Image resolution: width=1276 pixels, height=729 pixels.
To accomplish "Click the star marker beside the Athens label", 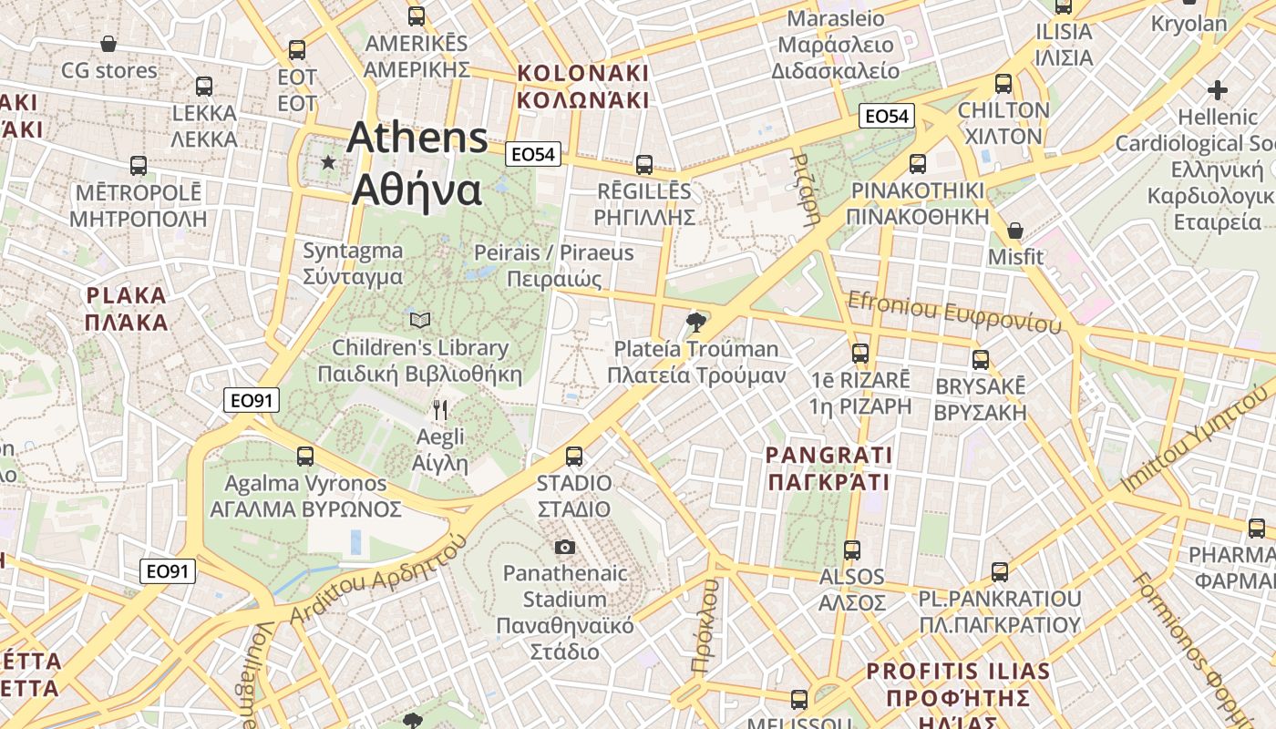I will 328,162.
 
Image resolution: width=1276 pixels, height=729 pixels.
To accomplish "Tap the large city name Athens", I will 417,139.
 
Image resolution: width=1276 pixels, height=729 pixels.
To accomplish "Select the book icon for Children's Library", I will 419,319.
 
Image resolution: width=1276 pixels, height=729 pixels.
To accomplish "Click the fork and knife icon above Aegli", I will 440,410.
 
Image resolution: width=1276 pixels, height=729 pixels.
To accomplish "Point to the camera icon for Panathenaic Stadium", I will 565,547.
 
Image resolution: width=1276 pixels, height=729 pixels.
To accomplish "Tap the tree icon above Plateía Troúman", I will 696,321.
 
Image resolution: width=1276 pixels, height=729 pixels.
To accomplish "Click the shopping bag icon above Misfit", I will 1014,230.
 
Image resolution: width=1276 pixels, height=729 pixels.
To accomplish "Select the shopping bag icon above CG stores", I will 108,44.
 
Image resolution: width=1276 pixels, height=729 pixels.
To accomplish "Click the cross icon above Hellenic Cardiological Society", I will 1217,90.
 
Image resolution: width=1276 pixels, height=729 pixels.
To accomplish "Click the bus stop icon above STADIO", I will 574,456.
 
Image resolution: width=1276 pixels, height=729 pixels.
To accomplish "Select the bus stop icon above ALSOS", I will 852,549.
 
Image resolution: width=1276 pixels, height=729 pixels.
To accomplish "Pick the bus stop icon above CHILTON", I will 1003,84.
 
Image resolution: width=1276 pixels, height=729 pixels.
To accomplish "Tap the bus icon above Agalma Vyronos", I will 305,456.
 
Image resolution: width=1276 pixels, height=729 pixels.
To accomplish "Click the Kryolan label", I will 1189,23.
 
